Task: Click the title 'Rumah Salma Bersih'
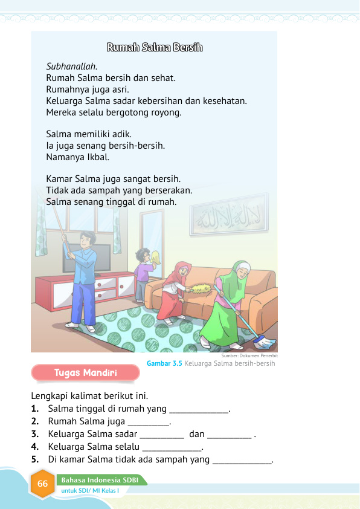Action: [x=154, y=47]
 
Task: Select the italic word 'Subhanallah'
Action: [x=71, y=66]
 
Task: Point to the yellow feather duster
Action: [x=204, y=290]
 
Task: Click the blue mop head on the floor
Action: [x=264, y=343]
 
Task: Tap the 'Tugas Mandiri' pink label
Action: [x=85, y=372]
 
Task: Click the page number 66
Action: [x=42, y=484]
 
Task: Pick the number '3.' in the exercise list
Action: [x=35, y=434]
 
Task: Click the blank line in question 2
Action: [x=149, y=422]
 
